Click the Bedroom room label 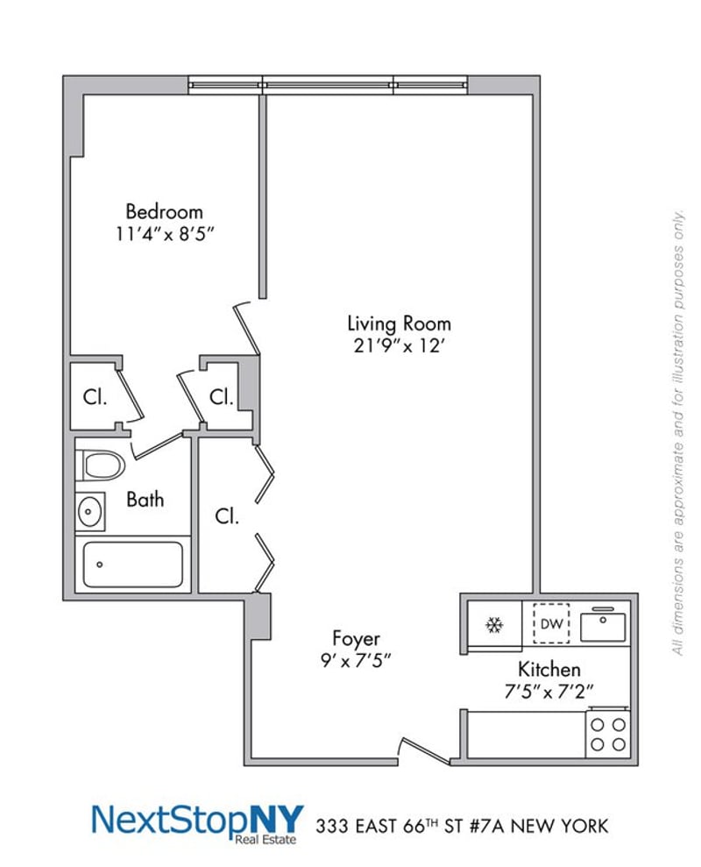tap(164, 211)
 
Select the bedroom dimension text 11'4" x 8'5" tap(164, 235)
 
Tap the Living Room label tap(399, 323)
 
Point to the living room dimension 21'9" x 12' tap(399, 346)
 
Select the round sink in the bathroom tap(89, 511)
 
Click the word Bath tap(145, 500)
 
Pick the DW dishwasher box tap(551, 624)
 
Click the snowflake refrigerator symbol tap(494, 625)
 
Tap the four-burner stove tap(607, 734)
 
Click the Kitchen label tap(549, 669)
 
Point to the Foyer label tap(356, 637)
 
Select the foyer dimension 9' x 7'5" tap(356, 660)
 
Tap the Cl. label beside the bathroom tap(227, 517)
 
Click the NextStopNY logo tap(197, 821)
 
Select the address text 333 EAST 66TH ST tap(412, 825)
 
